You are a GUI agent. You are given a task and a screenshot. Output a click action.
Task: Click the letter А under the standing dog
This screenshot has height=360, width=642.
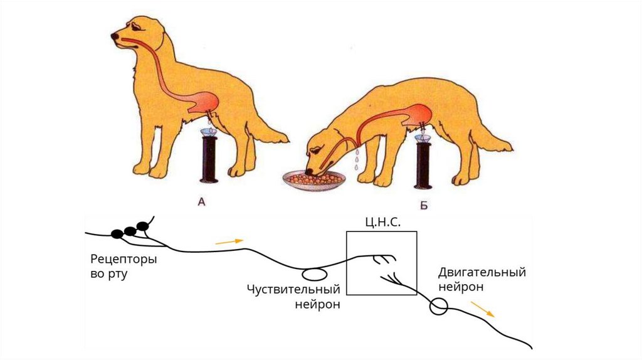tap(201, 202)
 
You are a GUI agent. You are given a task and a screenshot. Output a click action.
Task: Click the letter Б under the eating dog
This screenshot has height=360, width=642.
tap(423, 205)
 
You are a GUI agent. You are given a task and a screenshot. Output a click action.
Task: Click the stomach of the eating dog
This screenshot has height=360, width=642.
tap(418, 115)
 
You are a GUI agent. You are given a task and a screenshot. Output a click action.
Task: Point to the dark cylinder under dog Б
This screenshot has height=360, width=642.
tap(423, 165)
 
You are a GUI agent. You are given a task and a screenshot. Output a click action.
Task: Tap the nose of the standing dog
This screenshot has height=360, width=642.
tap(113, 36)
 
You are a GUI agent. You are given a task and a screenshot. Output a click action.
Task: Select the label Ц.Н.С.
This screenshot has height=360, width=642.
tap(382, 223)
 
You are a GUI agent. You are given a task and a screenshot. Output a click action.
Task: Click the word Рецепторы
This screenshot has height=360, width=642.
tap(124, 259)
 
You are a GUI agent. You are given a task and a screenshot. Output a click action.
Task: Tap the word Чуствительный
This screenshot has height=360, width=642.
tap(293, 289)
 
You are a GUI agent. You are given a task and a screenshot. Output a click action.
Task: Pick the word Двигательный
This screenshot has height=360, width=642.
tap(482, 272)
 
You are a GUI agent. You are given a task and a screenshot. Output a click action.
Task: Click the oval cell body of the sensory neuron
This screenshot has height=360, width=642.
tap(313, 274)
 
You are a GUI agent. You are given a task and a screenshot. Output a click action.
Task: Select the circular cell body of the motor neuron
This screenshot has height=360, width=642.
tap(438, 307)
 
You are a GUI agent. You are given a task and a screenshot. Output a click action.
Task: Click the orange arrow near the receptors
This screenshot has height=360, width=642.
tap(228, 241)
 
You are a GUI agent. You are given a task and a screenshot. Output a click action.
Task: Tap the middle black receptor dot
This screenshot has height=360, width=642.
tap(130, 231)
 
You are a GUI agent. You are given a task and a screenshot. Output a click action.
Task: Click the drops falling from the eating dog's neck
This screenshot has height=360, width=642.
tap(356, 160)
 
